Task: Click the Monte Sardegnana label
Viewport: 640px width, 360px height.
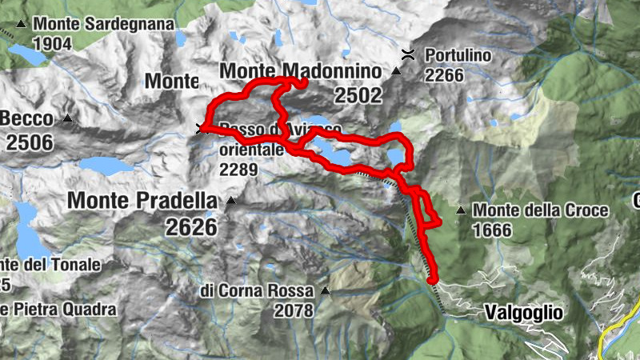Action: click(104, 25)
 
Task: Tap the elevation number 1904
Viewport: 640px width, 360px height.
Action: click(54, 42)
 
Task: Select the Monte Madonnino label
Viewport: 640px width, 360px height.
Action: click(299, 71)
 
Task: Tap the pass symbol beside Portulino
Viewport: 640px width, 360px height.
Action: click(408, 54)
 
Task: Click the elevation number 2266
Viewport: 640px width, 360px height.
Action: click(445, 75)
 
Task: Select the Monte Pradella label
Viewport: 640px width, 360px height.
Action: click(142, 201)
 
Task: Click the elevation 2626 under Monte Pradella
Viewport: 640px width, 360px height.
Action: click(192, 226)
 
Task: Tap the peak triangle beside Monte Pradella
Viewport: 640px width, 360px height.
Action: click(231, 201)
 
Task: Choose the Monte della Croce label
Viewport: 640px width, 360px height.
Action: click(541, 211)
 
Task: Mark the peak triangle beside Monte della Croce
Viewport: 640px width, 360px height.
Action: click(461, 211)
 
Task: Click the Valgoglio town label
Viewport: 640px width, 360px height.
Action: click(523, 313)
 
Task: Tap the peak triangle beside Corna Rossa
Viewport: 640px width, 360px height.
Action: click(325, 290)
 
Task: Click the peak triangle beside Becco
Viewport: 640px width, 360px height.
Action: click(67, 119)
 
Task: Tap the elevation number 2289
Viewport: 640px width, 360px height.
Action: click(237, 169)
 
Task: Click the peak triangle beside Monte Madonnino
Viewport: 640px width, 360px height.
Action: click(395, 72)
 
